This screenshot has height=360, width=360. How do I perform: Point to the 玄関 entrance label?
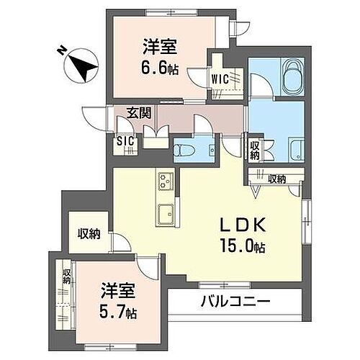point(140,113)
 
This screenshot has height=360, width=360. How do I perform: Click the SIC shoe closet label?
point(125,141)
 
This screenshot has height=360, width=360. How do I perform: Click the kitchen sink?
point(164,212)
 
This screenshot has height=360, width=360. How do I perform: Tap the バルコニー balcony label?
point(226,302)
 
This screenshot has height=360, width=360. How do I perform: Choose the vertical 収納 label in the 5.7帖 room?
point(66,276)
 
